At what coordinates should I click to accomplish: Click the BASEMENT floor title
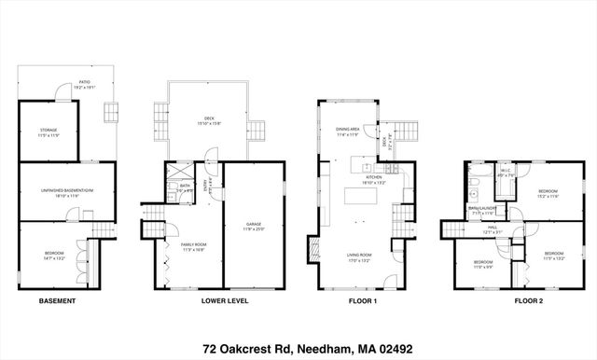57,301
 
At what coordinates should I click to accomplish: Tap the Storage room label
49,132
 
